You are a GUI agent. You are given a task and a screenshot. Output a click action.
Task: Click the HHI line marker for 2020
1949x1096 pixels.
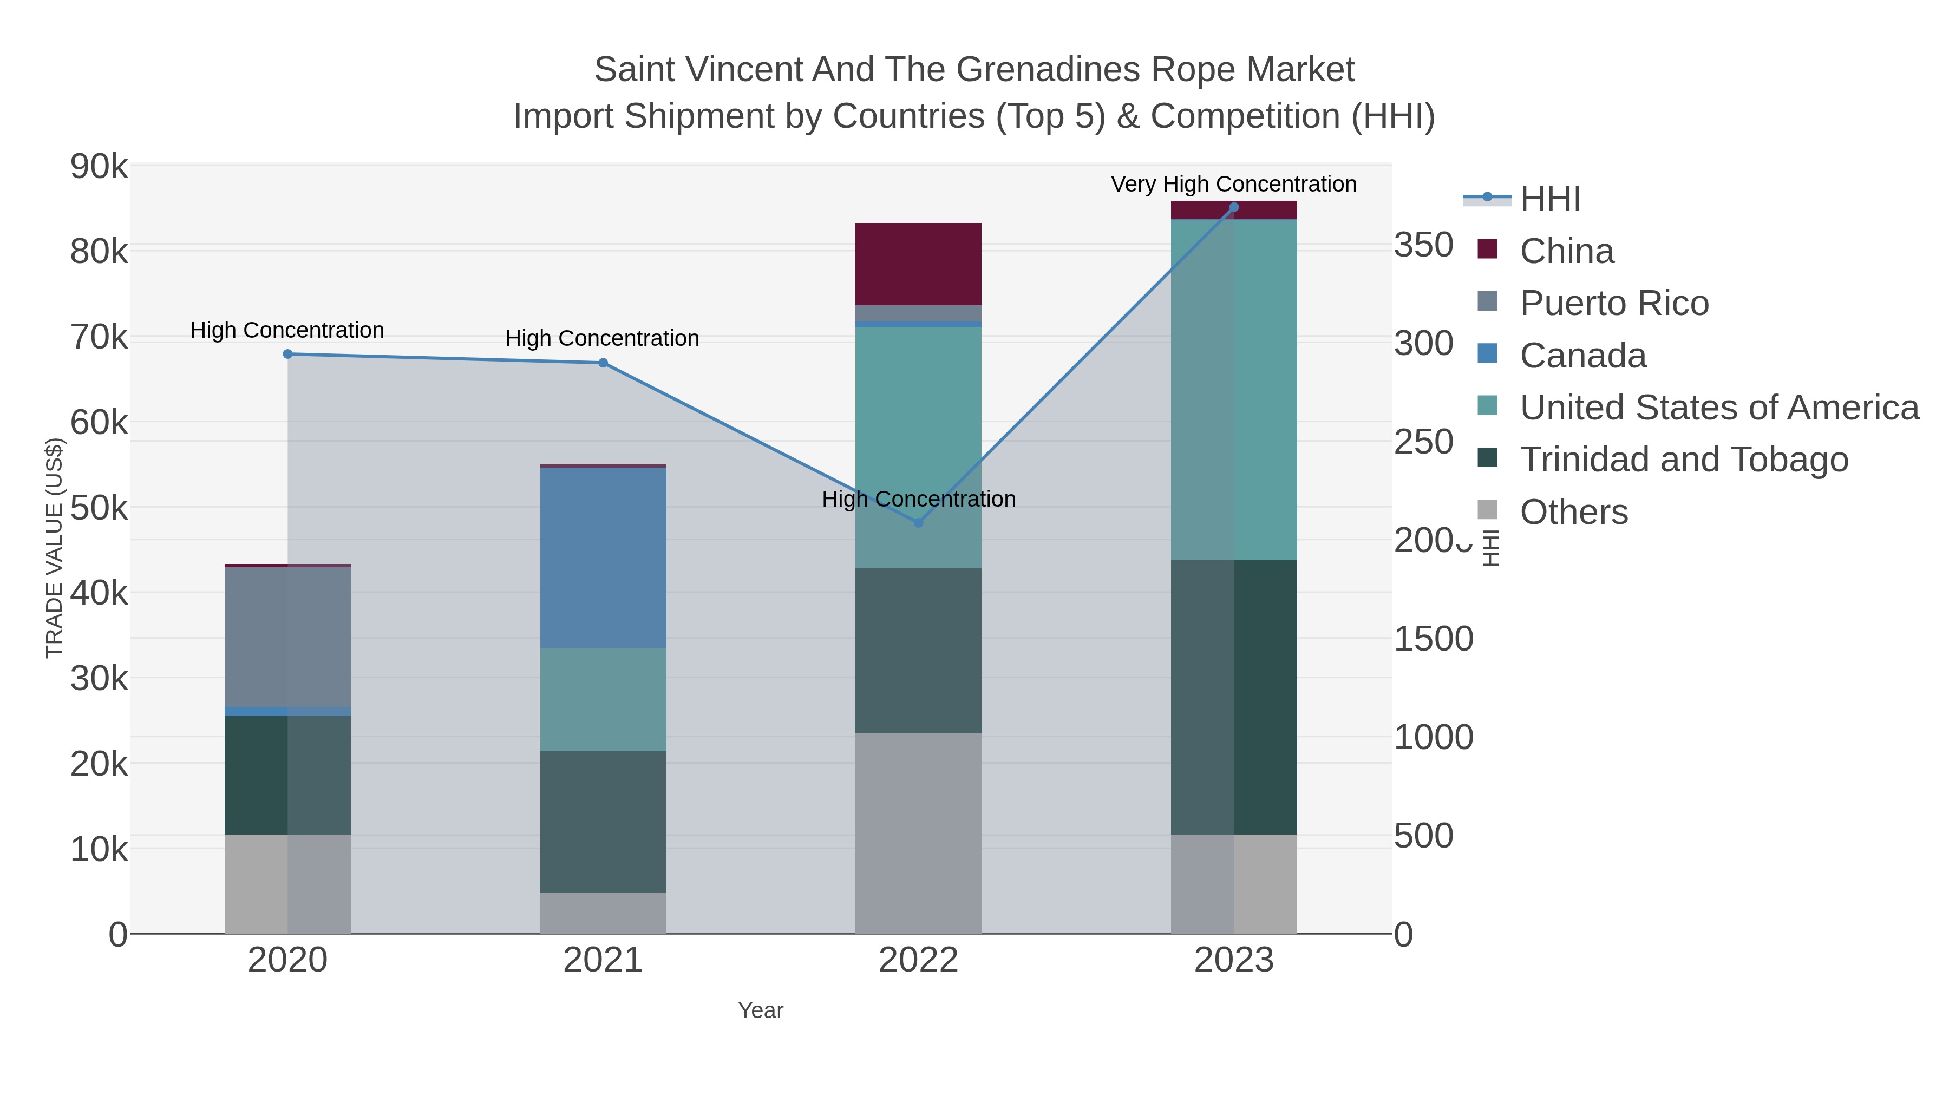(287, 354)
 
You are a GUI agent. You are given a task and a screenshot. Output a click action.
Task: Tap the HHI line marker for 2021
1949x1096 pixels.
(603, 363)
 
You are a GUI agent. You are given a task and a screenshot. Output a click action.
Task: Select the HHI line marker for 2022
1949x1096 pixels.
(919, 523)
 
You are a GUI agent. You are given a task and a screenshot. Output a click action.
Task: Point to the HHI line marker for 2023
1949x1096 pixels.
(1234, 207)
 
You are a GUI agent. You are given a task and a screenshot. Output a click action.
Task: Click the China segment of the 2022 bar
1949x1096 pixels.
(919, 264)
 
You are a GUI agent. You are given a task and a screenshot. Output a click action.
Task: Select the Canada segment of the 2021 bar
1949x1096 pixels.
(603, 557)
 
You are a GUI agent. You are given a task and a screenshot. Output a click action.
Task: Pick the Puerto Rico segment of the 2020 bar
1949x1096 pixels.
(287, 637)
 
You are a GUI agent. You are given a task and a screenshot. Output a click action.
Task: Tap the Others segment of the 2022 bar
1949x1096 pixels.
(919, 833)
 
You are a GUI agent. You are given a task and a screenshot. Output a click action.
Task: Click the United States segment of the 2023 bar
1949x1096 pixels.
(1234, 390)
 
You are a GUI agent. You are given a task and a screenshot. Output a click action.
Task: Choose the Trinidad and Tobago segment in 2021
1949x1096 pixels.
(603, 822)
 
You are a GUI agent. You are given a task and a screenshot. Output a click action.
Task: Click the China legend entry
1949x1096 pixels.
(1566, 251)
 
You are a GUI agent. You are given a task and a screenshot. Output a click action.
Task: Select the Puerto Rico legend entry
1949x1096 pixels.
(1614, 303)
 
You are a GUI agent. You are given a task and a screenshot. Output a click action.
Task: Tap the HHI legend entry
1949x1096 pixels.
(1549, 199)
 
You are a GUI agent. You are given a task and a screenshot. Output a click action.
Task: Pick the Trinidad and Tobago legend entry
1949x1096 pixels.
(1683, 460)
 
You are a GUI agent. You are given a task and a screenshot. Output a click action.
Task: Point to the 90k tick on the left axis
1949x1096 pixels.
(99, 166)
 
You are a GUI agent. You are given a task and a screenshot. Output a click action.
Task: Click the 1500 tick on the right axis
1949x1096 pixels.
(1433, 639)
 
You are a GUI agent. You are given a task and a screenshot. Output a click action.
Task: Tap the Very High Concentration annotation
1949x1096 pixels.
(1233, 185)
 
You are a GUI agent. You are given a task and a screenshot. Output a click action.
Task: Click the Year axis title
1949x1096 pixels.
(761, 1010)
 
